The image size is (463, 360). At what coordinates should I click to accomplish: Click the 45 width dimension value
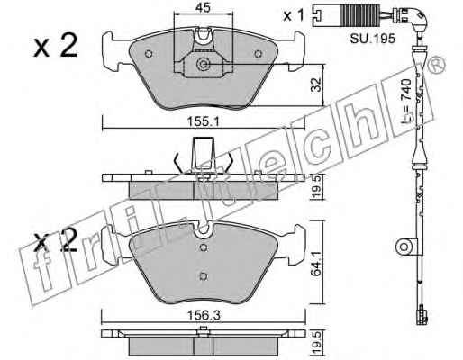[204, 7]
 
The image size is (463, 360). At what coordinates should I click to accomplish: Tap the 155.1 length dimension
[204, 121]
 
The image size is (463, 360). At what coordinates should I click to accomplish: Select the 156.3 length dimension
[204, 315]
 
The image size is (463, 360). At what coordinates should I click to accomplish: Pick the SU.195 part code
[372, 39]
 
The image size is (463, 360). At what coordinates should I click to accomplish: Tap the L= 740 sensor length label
[406, 102]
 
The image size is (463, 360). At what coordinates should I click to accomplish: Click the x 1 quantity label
[294, 15]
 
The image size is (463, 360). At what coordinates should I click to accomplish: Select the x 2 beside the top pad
[55, 46]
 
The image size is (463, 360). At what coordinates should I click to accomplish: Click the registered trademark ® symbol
[437, 66]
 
